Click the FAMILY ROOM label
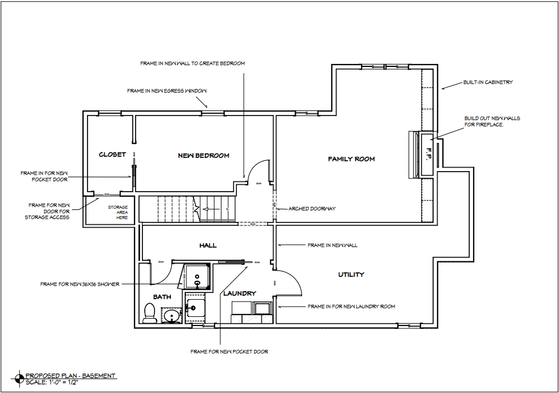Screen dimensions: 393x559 351,159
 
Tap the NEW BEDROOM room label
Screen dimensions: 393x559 204,156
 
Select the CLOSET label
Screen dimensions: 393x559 112,154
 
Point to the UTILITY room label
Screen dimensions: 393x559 351,275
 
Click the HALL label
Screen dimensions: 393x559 208,245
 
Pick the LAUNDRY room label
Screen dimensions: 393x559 239,293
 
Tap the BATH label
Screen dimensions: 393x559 162,297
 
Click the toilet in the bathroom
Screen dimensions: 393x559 150,313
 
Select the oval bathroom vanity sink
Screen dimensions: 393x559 170,315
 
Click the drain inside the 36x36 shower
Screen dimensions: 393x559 197,283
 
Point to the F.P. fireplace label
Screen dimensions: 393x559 427,153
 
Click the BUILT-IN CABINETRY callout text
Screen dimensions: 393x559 488,82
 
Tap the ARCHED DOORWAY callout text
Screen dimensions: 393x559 312,209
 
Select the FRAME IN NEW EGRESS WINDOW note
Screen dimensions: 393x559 166,91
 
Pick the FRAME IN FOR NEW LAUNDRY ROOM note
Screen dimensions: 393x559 351,307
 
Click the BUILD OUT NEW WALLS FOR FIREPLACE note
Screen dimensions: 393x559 492,121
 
